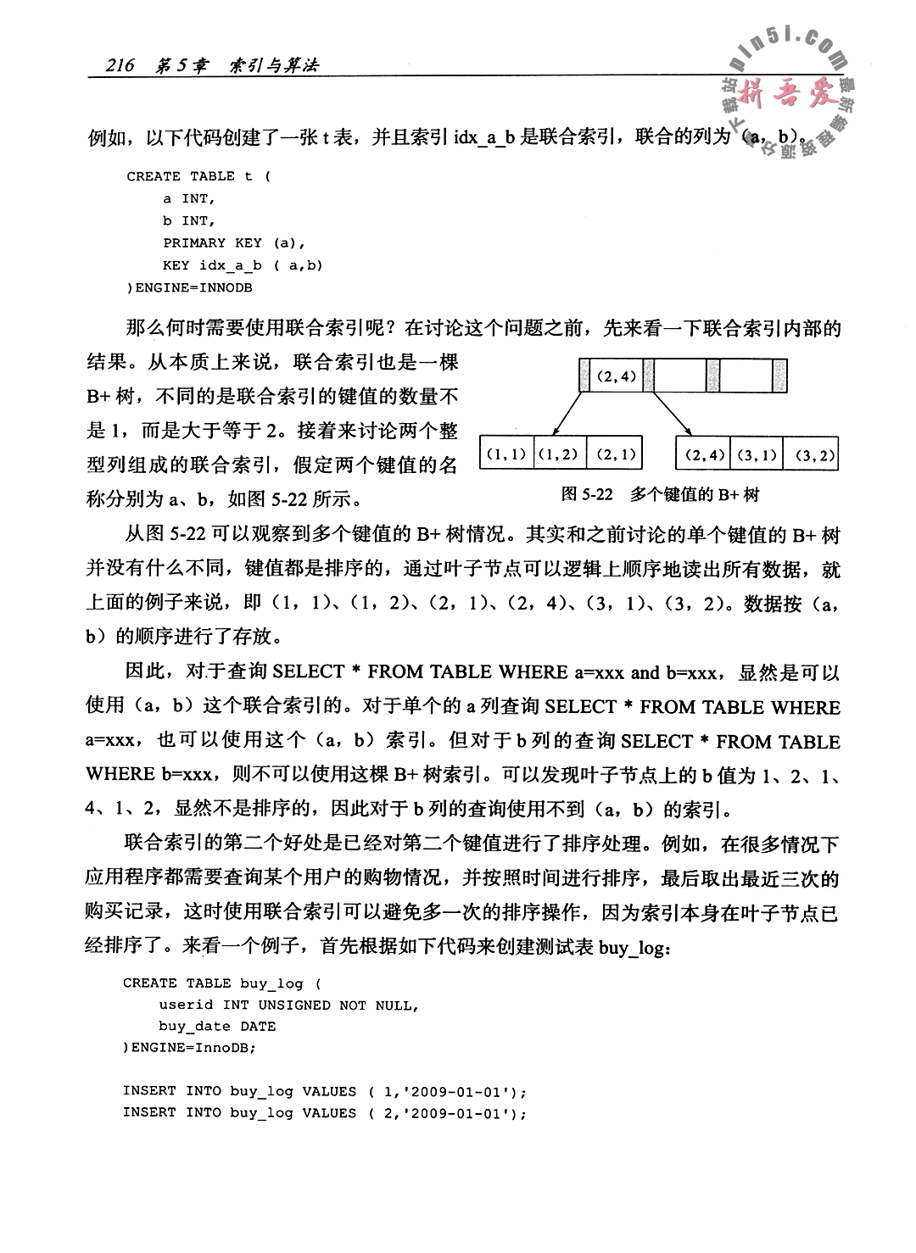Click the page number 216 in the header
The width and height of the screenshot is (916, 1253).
[118, 66]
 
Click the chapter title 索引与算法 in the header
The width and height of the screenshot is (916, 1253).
[273, 66]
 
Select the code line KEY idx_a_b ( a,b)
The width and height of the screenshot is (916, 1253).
[243, 265]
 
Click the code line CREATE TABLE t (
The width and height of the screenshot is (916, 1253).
[198, 176]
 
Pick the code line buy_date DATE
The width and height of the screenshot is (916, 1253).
[217, 1026]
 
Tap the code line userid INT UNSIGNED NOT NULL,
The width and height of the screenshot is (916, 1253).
[288, 1005]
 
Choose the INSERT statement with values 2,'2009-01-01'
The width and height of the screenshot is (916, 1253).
[325, 1112]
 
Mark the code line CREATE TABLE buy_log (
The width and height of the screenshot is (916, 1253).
[222, 983]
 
